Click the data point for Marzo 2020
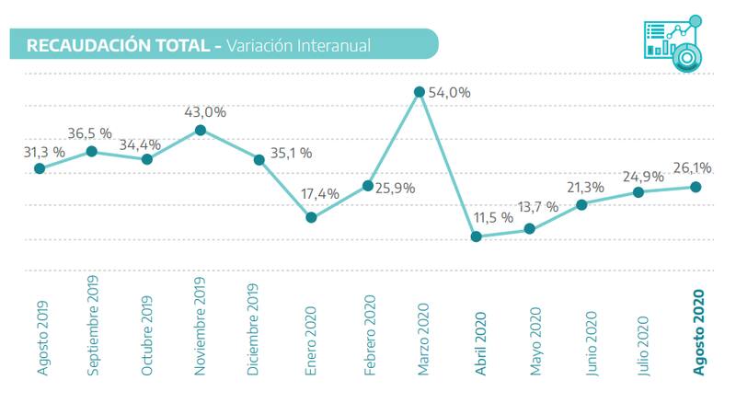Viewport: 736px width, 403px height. coord(420,91)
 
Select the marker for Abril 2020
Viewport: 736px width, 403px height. coord(476,236)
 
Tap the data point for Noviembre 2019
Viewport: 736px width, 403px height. coord(201,131)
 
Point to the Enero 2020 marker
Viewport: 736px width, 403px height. coord(311,217)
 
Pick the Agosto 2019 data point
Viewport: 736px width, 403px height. coord(40,168)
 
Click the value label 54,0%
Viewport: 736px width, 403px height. coord(450,92)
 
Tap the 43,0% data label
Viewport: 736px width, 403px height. coord(205,111)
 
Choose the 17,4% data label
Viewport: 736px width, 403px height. coord(321,193)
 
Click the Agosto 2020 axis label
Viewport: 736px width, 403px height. coord(698,332)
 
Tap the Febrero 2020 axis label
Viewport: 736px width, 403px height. coord(370,333)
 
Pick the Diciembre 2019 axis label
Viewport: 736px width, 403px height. coord(257,330)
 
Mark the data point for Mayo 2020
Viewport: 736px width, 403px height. coord(529,227)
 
